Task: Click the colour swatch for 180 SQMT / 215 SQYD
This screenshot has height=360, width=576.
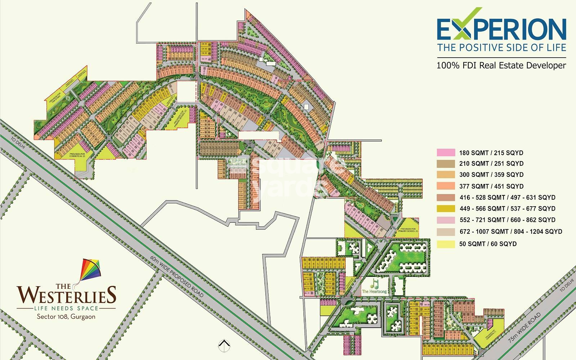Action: tap(446, 152)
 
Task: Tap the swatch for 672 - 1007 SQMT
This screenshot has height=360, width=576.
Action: tap(446, 232)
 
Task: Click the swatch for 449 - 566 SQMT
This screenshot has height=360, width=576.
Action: tap(446, 208)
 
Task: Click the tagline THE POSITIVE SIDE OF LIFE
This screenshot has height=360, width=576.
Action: tap(501, 47)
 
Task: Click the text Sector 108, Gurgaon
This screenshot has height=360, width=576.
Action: tap(66, 317)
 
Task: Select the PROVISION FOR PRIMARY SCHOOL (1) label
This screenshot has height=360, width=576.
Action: tap(408, 229)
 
